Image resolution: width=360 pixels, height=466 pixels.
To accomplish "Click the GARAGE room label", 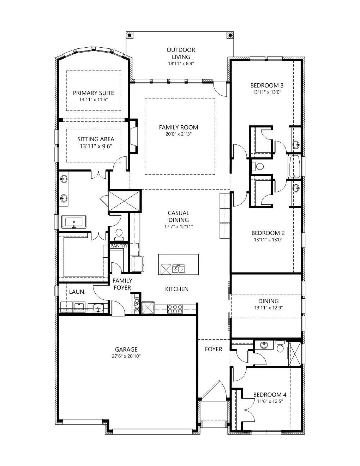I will tap(126, 349).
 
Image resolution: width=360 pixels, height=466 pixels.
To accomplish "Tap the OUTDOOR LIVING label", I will tap(181, 53).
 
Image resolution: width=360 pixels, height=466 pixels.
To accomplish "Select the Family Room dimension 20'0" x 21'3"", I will tap(178, 134).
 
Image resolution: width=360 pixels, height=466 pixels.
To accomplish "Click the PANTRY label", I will tap(119, 246).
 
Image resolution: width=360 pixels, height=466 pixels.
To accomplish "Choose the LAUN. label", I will tap(77, 292).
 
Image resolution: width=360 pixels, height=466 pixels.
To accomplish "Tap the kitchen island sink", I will tap(179, 269).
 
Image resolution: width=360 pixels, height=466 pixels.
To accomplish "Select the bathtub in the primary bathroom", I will tap(74, 222).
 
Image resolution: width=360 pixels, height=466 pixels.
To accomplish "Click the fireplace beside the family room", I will tap(133, 136).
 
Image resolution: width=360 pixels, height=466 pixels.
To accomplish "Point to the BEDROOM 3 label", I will tap(267, 85).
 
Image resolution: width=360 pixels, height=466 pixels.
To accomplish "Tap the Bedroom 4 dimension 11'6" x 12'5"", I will tap(267, 401).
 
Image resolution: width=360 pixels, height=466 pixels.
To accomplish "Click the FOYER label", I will tap(214, 349).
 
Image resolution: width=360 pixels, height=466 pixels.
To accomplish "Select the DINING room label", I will tap(268, 301).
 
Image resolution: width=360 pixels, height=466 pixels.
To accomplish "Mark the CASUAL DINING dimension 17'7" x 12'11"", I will tap(178, 227).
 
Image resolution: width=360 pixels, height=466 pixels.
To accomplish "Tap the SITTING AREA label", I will tap(96, 139).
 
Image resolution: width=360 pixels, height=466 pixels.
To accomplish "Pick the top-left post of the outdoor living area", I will tap(130, 35).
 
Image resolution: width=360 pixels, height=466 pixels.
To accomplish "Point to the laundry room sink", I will tap(98, 308).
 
